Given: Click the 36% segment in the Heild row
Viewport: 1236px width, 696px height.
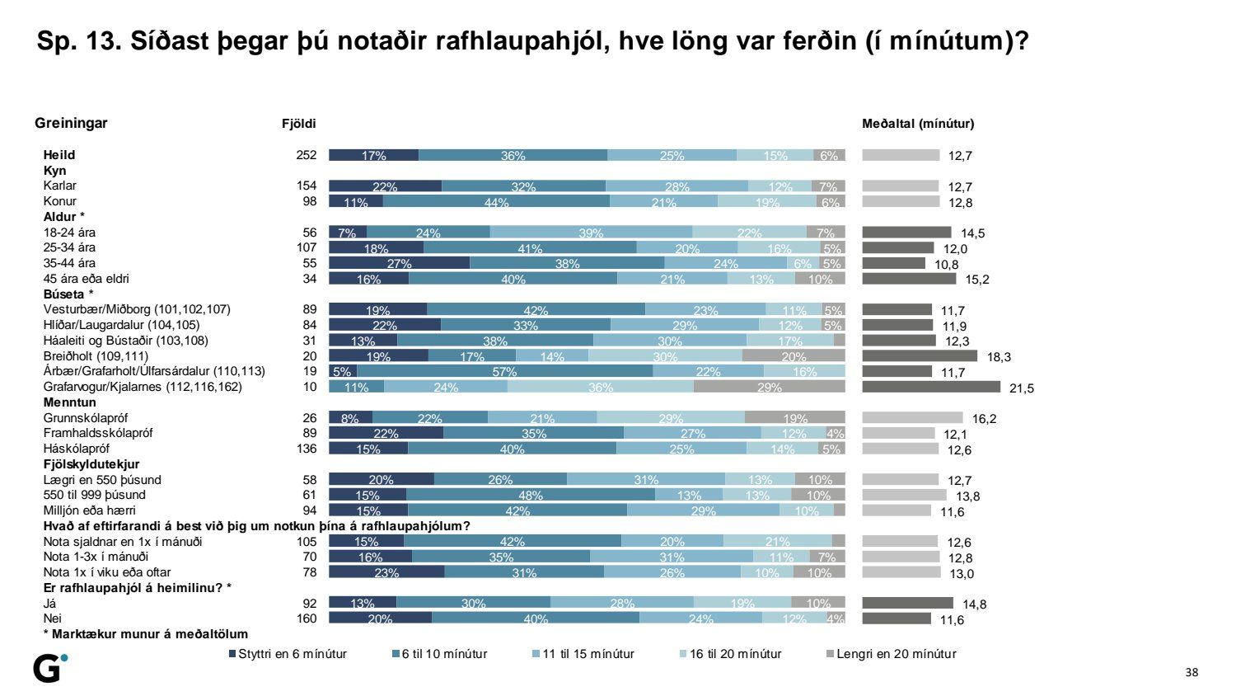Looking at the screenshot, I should [513, 155].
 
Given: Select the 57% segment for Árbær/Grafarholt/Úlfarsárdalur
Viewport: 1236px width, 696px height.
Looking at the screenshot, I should [504, 371].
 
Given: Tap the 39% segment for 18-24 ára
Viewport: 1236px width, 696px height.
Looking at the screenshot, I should [591, 233].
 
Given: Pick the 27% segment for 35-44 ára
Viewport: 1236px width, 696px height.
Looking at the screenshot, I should [399, 263].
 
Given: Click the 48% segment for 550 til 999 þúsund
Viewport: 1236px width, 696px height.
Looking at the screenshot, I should [530, 495].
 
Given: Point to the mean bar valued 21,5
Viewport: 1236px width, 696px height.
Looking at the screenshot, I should [931, 387].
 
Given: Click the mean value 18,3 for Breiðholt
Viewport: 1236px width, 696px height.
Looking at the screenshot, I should [999, 357].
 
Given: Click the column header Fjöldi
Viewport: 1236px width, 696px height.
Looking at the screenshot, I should [299, 124].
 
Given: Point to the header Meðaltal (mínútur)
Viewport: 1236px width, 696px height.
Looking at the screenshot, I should [918, 124].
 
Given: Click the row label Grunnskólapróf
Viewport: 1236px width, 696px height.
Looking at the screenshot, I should [86, 418].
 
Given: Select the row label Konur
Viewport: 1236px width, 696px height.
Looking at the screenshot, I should [60, 201].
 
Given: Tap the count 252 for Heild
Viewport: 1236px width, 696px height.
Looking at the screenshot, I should [307, 155].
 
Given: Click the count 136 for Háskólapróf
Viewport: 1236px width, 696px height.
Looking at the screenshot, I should [307, 449].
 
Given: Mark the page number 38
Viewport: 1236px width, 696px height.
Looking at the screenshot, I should [1192, 672].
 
